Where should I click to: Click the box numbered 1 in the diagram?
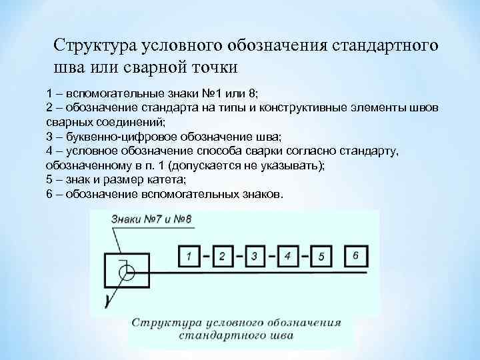click(x=189, y=255)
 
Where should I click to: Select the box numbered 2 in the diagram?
click(x=223, y=255)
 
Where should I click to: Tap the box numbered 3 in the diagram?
click(x=255, y=255)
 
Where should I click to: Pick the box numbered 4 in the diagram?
click(x=287, y=255)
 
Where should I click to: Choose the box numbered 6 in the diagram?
click(x=355, y=255)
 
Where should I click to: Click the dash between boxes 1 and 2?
click(x=206, y=256)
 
